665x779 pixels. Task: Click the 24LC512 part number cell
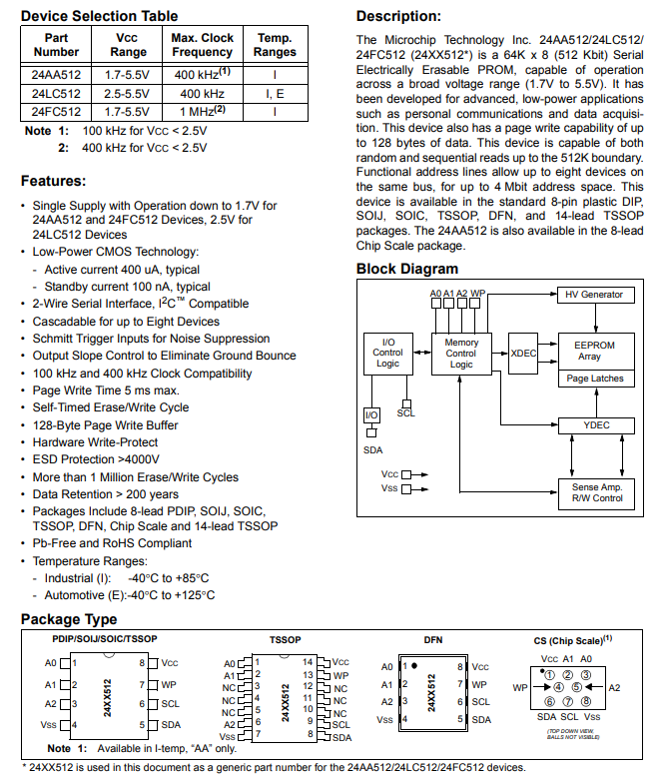[55, 93]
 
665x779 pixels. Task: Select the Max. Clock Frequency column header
[202, 45]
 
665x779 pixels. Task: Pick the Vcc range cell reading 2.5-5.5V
[126, 93]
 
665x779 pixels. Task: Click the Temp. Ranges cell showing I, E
[275, 93]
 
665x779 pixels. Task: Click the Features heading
[54, 181]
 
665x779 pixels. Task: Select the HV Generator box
[594, 295]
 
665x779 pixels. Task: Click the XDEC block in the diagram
[523, 353]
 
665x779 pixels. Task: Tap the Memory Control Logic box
[461, 354]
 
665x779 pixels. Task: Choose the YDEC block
[596, 425]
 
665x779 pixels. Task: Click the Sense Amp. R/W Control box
[596, 491]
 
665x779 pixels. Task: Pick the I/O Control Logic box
[387, 353]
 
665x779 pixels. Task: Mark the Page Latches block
[595, 379]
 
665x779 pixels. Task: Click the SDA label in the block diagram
[370, 450]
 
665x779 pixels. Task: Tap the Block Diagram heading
[407, 269]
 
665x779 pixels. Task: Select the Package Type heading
[69, 620]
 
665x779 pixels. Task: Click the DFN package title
[432, 638]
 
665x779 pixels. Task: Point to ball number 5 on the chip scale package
[576, 687]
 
